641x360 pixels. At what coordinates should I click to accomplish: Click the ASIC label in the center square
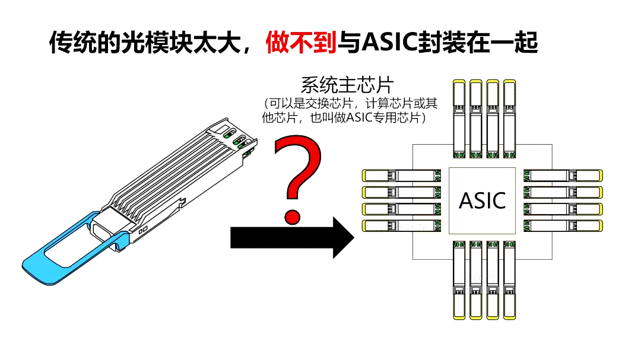[x=482, y=200]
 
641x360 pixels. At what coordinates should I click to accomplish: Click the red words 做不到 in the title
[x=301, y=42]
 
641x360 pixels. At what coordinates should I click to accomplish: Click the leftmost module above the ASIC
[x=459, y=119]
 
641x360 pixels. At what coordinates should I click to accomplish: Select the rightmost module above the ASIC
[x=509, y=119]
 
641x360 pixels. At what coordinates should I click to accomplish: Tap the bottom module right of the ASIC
[x=563, y=225]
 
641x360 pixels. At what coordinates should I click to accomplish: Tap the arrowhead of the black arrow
[x=341, y=237]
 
